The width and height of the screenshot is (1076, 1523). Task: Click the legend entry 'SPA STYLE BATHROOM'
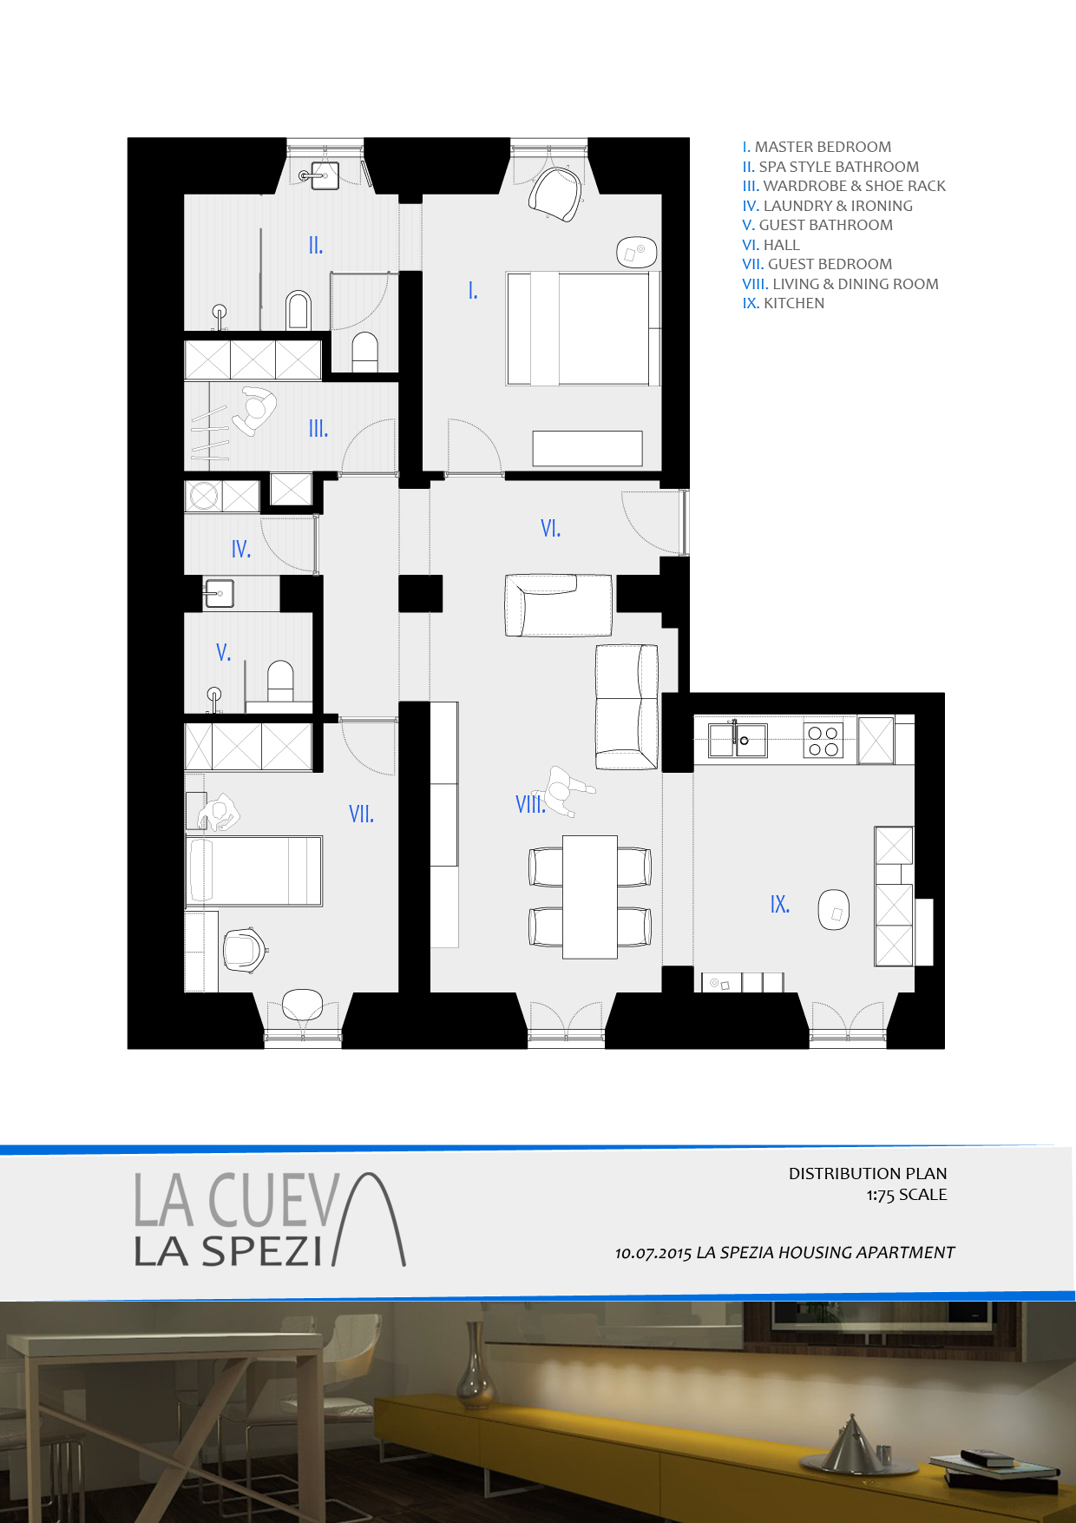click(x=838, y=167)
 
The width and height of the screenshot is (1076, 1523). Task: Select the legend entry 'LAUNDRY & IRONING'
click(x=837, y=206)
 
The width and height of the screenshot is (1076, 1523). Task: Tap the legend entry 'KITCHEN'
click(x=794, y=303)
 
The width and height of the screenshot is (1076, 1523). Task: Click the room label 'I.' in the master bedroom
click(x=473, y=291)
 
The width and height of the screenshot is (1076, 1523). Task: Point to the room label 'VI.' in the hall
click(x=550, y=528)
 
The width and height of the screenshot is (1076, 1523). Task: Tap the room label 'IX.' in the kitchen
click(x=780, y=904)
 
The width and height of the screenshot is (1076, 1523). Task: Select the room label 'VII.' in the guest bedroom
click(x=361, y=814)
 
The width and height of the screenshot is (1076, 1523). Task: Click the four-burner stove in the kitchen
click(x=823, y=740)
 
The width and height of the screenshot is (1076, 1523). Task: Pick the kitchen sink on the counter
click(x=738, y=741)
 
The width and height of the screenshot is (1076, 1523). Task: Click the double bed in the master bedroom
click(x=583, y=328)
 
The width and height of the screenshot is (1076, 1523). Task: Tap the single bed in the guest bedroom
click(x=253, y=871)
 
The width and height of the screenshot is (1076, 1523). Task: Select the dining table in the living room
click(x=590, y=897)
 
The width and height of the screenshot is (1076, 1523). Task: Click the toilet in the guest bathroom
click(x=280, y=681)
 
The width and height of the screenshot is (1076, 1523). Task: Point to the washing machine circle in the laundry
click(x=204, y=496)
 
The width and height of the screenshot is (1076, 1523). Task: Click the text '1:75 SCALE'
click(x=907, y=1195)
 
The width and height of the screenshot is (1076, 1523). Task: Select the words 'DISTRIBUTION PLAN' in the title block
click(x=868, y=1173)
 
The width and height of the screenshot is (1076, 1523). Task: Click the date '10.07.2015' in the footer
click(x=653, y=1253)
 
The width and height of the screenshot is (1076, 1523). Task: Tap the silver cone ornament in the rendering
click(x=852, y=1442)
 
